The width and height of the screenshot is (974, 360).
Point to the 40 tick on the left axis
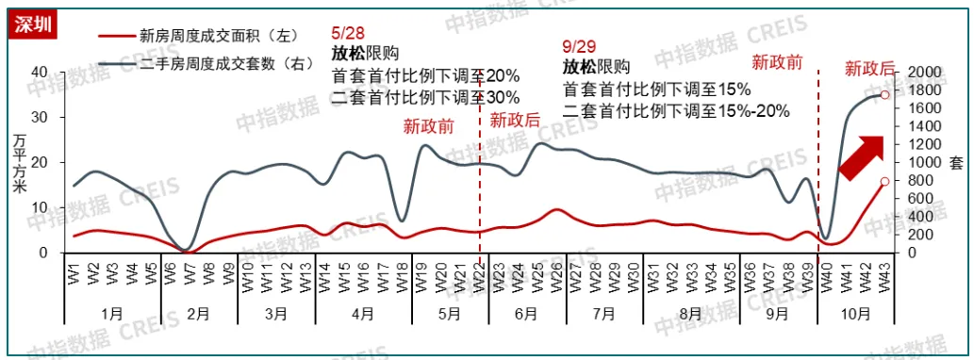(40, 73)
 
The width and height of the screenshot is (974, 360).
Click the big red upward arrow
(863, 156)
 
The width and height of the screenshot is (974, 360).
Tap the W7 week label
(188, 277)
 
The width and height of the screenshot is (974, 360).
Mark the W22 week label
(479, 277)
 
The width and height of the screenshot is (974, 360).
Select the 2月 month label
(197, 313)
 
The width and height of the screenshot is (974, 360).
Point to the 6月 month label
(526, 313)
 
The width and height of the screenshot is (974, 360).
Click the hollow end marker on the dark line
(884, 94)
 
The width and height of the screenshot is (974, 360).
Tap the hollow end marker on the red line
(884, 181)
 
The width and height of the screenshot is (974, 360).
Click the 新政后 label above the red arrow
(869, 68)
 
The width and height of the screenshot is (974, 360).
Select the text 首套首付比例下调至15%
(656, 90)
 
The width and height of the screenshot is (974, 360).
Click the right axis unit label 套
(955, 163)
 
